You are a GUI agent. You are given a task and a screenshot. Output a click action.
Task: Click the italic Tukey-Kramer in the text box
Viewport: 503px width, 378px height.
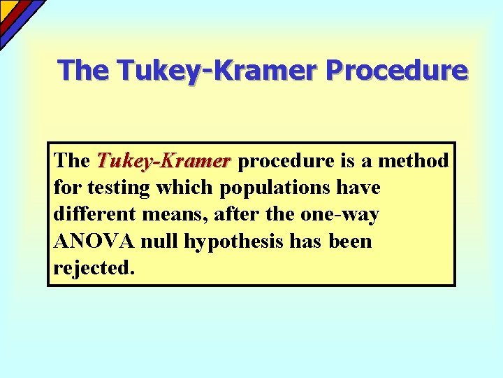[x=163, y=161]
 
